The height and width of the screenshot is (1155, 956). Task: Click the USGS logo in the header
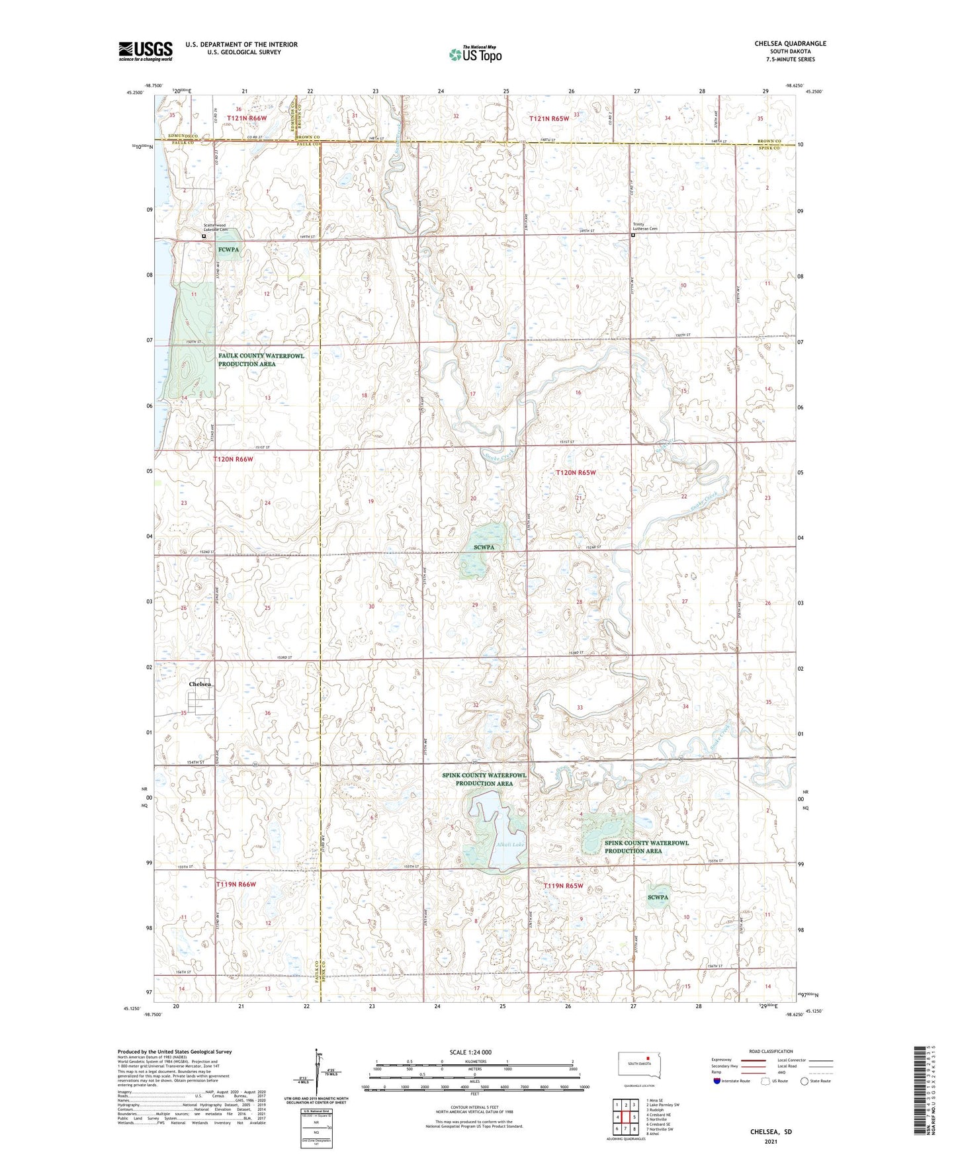pyautogui.click(x=146, y=51)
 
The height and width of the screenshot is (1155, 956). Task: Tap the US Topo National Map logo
pyautogui.click(x=475, y=54)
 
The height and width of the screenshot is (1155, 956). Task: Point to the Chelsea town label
pyautogui.click(x=200, y=684)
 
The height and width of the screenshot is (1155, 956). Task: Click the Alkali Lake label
pyautogui.click(x=510, y=845)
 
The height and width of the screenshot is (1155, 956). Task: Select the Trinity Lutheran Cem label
pyautogui.click(x=645, y=227)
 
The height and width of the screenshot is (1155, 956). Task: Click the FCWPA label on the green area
pyautogui.click(x=228, y=249)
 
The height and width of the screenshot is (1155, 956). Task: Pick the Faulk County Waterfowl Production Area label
pyautogui.click(x=261, y=360)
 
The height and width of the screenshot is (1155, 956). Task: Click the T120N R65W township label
pyautogui.click(x=576, y=472)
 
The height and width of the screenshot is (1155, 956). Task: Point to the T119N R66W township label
pyautogui.click(x=236, y=884)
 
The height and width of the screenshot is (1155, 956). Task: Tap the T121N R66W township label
pyautogui.click(x=247, y=118)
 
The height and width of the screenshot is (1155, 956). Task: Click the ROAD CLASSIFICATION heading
pyautogui.click(x=770, y=1051)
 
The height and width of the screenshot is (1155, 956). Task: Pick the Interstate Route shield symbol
pyautogui.click(x=717, y=1081)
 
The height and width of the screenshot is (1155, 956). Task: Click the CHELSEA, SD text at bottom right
pyautogui.click(x=771, y=1132)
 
